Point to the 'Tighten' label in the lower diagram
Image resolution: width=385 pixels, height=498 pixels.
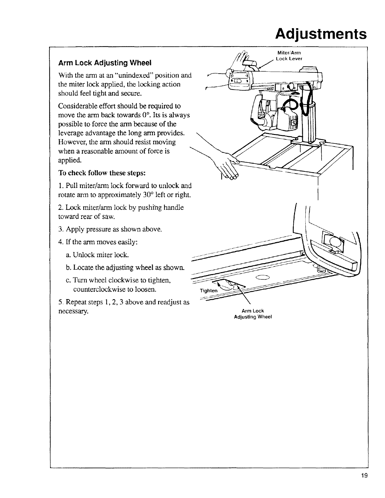[208, 290]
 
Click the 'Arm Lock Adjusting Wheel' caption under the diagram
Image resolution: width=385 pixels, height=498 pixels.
[253, 314]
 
